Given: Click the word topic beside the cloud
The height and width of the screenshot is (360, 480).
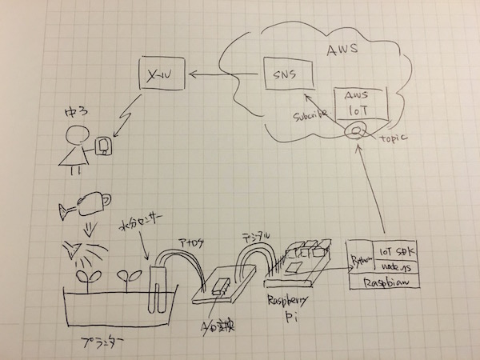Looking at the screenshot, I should tap(394, 138).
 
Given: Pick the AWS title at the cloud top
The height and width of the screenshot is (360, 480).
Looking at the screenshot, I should tap(342, 51).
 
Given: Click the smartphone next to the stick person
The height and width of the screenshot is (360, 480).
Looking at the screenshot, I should tap(102, 146).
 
